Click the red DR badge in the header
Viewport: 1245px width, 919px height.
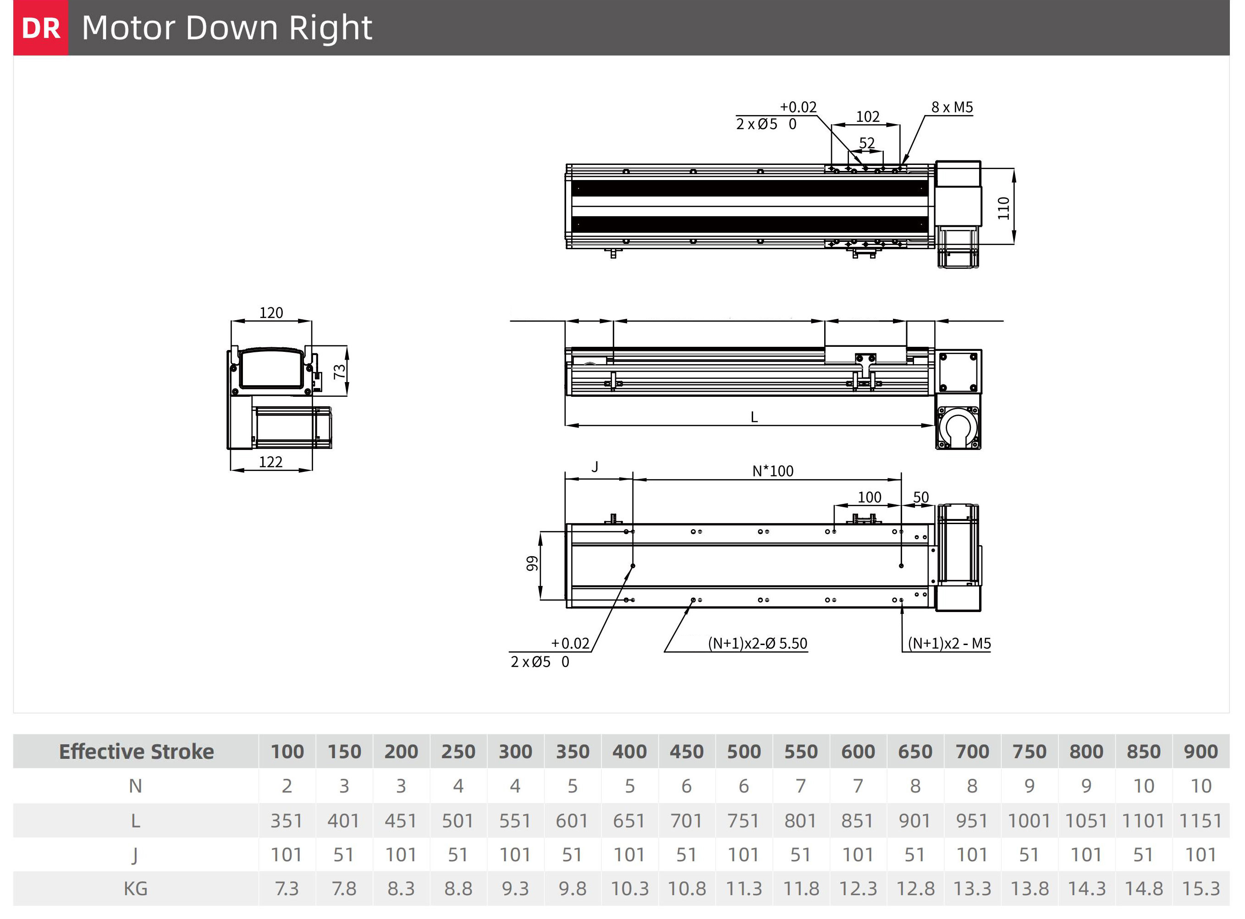[x=41, y=28]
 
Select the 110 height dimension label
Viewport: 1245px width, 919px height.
[x=1003, y=208]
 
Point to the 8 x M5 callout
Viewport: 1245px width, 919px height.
[x=952, y=107]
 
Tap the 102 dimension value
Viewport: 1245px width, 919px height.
[x=868, y=116]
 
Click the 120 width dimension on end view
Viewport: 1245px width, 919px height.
[x=271, y=312]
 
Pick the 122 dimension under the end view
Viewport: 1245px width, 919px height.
[x=270, y=462]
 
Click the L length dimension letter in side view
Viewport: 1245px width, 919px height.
[x=754, y=417]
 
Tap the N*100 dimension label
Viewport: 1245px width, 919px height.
[x=773, y=471]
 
